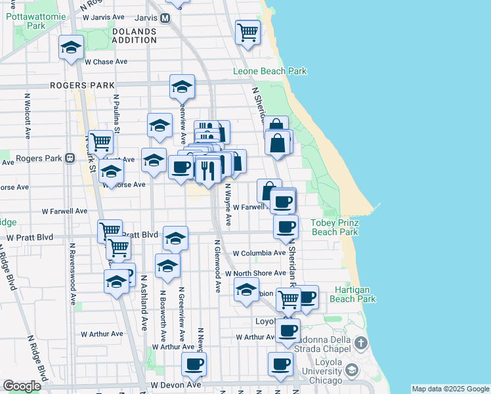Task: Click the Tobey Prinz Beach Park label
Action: pyautogui.click(x=334, y=227)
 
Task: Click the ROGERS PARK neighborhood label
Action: pyautogui.click(x=83, y=85)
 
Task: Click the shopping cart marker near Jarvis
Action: pyautogui.click(x=247, y=31)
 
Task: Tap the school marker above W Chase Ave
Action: pyautogui.click(x=71, y=47)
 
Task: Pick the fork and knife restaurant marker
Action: pyautogui.click(x=208, y=171)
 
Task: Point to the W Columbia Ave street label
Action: pyautogui.click(x=259, y=253)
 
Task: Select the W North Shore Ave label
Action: pyautogui.click(x=251, y=273)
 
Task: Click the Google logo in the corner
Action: pyautogui.click(x=21, y=386)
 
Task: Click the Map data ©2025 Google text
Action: pyautogui.click(x=450, y=389)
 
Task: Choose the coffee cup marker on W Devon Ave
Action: pyautogui.click(x=194, y=364)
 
